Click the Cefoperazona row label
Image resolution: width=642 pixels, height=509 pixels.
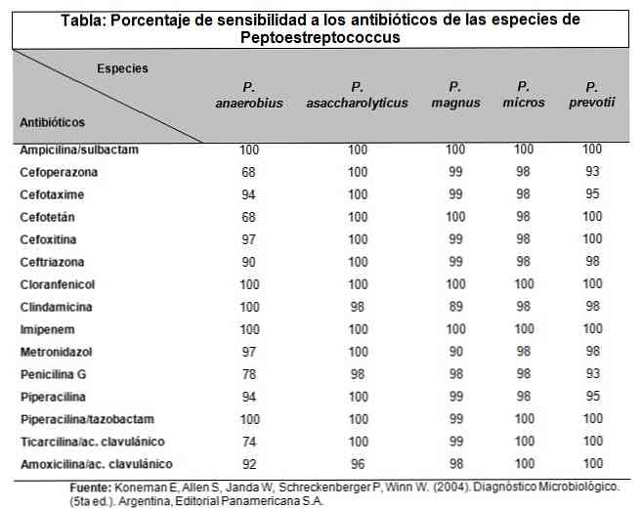(x=59, y=171)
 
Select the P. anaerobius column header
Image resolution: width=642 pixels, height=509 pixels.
(x=249, y=95)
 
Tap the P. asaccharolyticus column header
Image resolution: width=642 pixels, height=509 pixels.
(x=357, y=95)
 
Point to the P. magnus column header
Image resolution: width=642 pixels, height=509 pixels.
(x=455, y=95)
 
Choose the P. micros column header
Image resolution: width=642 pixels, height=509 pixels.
(x=524, y=95)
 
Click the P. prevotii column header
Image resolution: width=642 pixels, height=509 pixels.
(x=592, y=95)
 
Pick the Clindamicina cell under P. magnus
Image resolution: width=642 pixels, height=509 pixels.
(x=455, y=305)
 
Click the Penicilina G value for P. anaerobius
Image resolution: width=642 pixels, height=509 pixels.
(x=249, y=373)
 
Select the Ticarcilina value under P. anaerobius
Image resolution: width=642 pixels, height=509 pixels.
(x=249, y=441)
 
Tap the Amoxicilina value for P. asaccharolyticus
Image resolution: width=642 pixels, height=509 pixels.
(x=357, y=463)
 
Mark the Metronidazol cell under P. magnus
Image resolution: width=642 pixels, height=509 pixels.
(x=455, y=351)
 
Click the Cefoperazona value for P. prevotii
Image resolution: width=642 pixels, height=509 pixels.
(x=592, y=171)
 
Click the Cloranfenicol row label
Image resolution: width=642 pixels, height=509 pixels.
(x=58, y=283)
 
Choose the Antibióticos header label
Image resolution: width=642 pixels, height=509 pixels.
(x=52, y=123)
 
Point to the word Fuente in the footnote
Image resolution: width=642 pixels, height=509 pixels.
(x=94, y=486)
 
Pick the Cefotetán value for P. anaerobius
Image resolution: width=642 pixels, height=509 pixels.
(x=249, y=216)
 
